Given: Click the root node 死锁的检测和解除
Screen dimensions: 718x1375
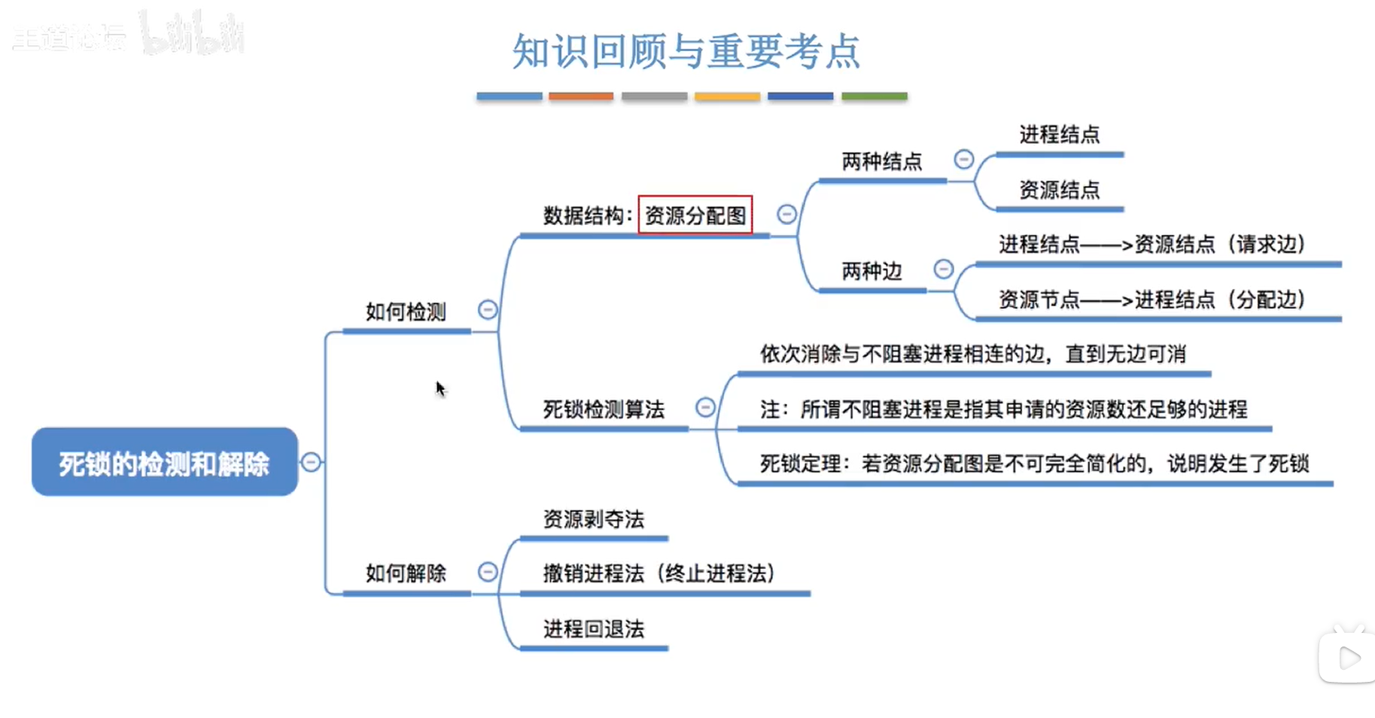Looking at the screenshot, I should pyautogui.click(x=164, y=462).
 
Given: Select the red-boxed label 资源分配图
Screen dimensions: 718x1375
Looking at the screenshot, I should pyautogui.click(x=695, y=215).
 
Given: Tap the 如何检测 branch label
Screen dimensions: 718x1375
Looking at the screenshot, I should pyautogui.click(x=406, y=312).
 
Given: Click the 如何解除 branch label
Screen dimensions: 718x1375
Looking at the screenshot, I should pyautogui.click(x=406, y=573).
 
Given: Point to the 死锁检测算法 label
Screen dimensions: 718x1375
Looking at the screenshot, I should pyautogui.click(x=604, y=409).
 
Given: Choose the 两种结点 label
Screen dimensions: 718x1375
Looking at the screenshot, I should pyautogui.click(x=881, y=162).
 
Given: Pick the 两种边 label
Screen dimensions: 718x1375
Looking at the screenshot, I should pyautogui.click(x=871, y=271).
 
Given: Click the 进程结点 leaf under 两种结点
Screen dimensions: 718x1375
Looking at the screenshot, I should pyautogui.click(x=1059, y=135).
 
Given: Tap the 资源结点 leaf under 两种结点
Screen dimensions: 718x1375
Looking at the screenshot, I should pyautogui.click(x=1059, y=190).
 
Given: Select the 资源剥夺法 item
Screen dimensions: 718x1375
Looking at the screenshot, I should pyautogui.click(x=593, y=519).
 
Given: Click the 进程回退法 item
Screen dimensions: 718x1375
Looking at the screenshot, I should pyautogui.click(x=593, y=628).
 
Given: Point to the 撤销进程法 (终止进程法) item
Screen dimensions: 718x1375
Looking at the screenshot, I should pyautogui.click(x=659, y=573).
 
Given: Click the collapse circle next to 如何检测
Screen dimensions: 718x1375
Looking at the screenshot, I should pyautogui.click(x=488, y=309).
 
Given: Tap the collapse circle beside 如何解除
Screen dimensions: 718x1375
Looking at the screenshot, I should pyautogui.click(x=488, y=572).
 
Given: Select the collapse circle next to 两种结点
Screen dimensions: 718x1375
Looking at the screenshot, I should pyautogui.click(x=963, y=160).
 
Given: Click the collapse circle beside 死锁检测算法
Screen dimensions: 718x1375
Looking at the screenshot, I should pyautogui.click(x=705, y=407).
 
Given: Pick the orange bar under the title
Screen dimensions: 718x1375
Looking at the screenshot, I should pyautogui.click(x=580, y=96).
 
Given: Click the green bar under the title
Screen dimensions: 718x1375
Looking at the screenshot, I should pyautogui.click(x=874, y=96).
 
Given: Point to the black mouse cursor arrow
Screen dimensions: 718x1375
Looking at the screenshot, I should pyautogui.click(x=440, y=388).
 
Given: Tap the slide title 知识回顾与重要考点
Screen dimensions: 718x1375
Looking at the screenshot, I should pyautogui.click(x=686, y=51).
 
